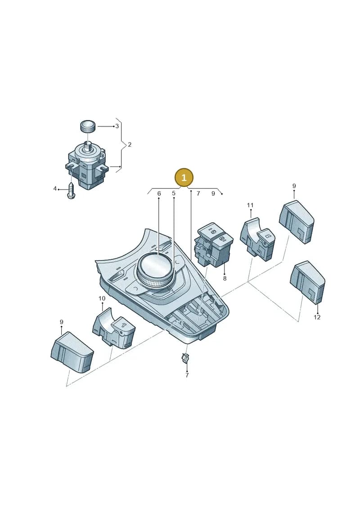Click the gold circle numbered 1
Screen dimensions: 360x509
pos(184,178)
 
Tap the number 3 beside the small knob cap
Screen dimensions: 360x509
pos(117,126)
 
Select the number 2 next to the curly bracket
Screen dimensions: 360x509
pos(130,144)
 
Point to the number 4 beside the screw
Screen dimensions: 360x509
pos(55,189)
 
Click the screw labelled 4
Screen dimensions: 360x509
pos(71,190)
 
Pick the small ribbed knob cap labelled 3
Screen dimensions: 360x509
pos(88,126)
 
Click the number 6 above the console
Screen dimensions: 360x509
pos(159,194)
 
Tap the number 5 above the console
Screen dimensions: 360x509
pos(174,194)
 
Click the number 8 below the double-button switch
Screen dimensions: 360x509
pos(225,278)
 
